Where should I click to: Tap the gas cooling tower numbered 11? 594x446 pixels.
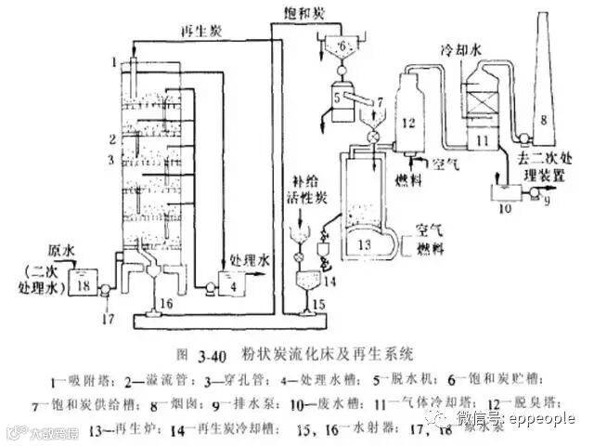pos(483,139)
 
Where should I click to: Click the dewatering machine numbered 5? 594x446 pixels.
pos(336,95)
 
